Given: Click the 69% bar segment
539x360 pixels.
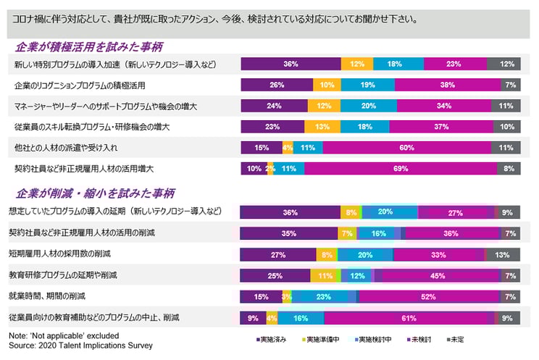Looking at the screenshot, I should click(401, 169).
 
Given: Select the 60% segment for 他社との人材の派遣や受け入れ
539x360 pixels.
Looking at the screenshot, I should click(407, 148).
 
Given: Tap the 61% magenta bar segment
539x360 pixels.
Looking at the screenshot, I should click(409, 317).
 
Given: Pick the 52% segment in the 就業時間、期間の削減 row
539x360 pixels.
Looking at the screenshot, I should click(427, 296).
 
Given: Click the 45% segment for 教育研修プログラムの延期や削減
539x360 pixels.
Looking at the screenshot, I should click(438, 275).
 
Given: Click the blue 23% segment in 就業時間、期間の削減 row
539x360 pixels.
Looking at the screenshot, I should click(323, 296).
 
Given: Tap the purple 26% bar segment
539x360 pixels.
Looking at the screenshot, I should click(277, 85).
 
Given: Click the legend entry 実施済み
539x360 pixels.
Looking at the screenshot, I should click(272, 339).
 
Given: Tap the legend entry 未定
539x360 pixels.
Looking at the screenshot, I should click(459, 339).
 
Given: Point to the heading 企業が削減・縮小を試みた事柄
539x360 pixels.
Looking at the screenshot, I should click(92, 194).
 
